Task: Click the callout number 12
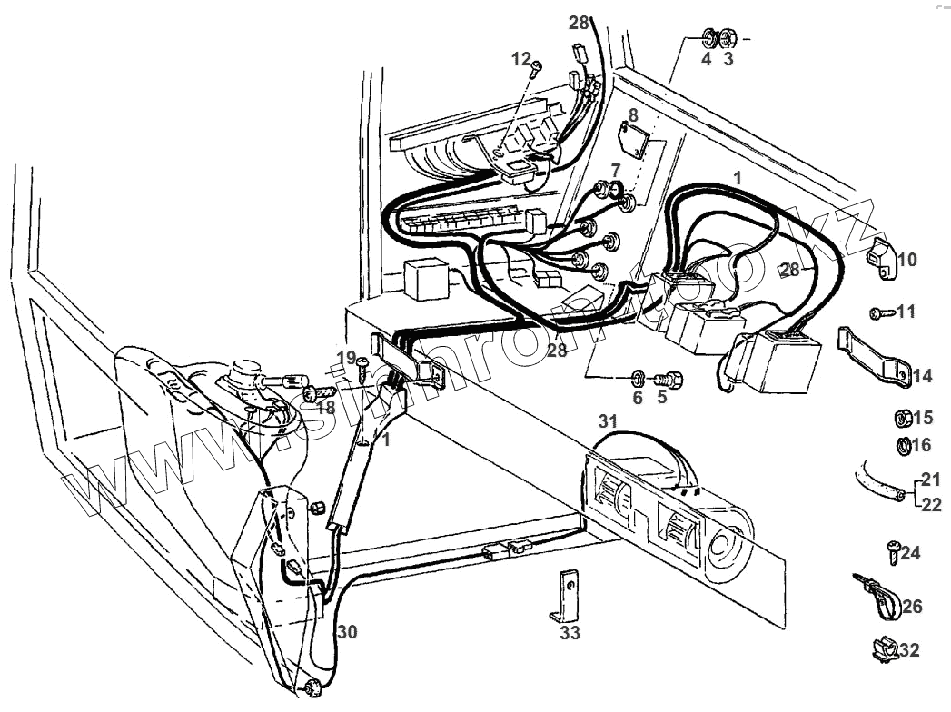520,58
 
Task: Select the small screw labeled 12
538,65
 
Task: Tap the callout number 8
633,115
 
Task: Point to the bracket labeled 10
877,255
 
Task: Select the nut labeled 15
903,419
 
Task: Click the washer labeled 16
903,445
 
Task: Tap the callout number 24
911,552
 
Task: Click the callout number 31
607,420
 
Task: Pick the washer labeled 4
708,39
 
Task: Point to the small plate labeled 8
632,139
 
